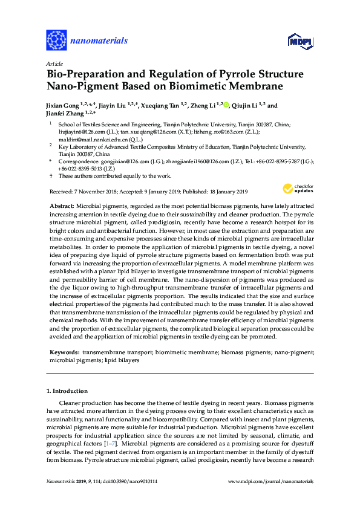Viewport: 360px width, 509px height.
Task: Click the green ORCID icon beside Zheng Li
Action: pyautogui.click(x=226, y=105)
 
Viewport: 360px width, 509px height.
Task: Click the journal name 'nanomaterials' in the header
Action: pyautogui.click(x=99, y=41)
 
